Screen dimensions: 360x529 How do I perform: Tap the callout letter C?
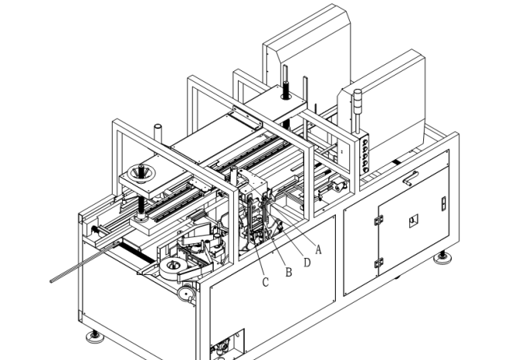coord(266,282)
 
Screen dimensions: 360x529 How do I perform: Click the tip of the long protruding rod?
coord(53,280)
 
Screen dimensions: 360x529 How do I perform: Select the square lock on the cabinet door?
coord(412,219)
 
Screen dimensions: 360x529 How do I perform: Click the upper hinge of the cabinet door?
coord(378,220)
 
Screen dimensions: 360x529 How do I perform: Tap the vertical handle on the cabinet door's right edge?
coord(443,204)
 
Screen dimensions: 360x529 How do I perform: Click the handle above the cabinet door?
coord(410,177)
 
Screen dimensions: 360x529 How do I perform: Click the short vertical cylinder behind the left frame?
coord(158,131)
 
